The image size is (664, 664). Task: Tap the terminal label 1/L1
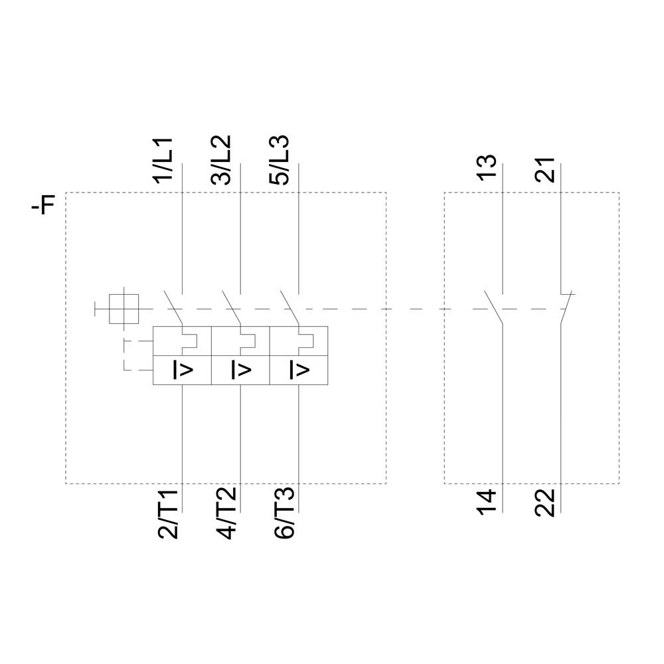[163, 161]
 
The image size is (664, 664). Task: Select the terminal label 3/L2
[222, 160]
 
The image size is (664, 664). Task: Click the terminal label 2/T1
[167, 513]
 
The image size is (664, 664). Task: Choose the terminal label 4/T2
[226, 513]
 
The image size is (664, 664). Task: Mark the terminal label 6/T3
[284, 513]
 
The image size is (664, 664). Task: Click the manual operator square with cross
[124, 309]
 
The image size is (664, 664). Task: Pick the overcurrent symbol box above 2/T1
[182, 370]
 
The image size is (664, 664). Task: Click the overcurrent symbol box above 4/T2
[240, 370]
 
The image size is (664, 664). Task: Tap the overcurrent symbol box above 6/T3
[299, 370]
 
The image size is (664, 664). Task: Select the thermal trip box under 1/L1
[182, 341]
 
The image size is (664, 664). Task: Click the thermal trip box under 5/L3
[299, 341]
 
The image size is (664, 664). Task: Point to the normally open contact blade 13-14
[493, 307]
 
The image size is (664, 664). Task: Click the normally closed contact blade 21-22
[566, 307]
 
